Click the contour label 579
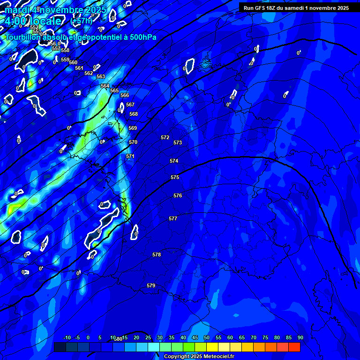(x=151, y=285)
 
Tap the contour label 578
(x=157, y=255)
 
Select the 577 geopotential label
(x=173, y=218)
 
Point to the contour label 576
(x=178, y=195)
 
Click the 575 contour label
(x=175, y=177)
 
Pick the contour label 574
(x=174, y=161)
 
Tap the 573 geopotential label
(x=178, y=142)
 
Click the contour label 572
(x=165, y=137)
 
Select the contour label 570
(x=133, y=142)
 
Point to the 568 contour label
(x=134, y=114)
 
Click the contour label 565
(x=114, y=90)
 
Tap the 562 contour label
(x=89, y=73)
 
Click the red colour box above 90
(x=294, y=347)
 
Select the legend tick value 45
(x=195, y=337)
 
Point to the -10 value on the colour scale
(x=67, y=337)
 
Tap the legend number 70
(x=254, y=337)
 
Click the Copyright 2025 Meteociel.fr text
(x=199, y=356)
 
